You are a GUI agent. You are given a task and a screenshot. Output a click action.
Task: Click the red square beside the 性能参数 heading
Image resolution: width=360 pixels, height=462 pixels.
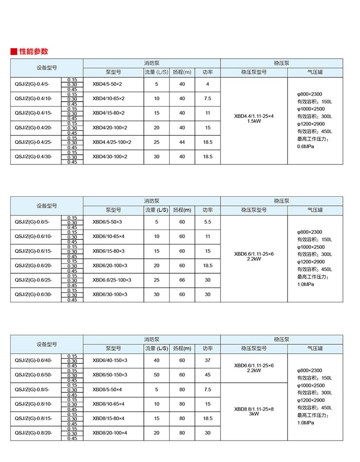[x=14, y=52]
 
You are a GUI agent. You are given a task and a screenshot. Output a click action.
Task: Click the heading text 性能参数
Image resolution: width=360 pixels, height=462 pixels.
[x=34, y=52]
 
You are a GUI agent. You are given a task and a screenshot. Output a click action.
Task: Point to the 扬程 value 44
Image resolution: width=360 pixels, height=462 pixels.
[x=182, y=142]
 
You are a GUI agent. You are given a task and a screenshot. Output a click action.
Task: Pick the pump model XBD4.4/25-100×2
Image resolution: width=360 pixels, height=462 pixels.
[x=112, y=142]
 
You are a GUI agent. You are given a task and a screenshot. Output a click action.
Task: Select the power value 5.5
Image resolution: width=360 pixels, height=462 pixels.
[x=208, y=222]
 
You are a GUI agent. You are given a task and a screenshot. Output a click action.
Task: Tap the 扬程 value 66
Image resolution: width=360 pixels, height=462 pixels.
[x=182, y=280]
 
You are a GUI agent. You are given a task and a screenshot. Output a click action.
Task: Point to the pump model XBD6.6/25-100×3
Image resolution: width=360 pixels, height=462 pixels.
[x=112, y=280]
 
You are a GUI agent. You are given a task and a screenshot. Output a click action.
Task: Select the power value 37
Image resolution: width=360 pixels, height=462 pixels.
[x=208, y=360]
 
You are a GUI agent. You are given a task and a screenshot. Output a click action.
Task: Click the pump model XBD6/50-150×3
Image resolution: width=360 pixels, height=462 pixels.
[x=110, y=375]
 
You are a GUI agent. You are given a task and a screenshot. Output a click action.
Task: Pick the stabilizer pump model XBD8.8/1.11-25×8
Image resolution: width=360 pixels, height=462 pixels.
[x=254, y=409]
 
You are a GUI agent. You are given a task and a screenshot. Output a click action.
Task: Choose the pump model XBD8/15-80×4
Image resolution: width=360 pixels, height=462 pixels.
[x=108, y=418]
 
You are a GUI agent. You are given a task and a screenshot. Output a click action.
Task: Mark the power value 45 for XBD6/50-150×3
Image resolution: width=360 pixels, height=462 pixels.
[x=208, y=375]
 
